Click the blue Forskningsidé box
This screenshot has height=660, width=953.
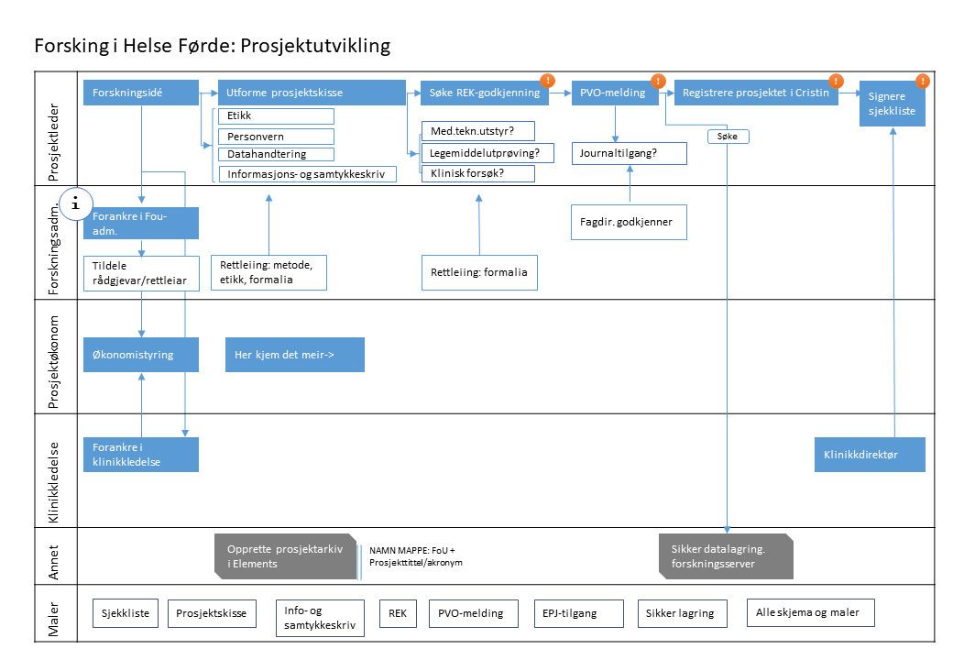[141, 93]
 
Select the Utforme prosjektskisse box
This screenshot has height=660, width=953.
[312, 93]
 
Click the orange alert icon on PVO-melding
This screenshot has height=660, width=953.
[657, 81]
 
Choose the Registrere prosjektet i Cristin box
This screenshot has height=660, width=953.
[756, 93]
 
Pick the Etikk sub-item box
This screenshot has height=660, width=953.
[276, 116]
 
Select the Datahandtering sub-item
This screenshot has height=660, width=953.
[276, 154]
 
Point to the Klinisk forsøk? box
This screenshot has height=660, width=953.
[477, 172]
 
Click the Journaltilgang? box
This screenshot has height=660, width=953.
[630, 153]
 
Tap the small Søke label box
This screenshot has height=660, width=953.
[728, 136]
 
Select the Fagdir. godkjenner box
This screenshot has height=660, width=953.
[630, 222]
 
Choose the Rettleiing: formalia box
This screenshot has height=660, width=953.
[480, 272]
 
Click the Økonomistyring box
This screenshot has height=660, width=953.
[141, 354]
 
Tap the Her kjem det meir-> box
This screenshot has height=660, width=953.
[294, 354]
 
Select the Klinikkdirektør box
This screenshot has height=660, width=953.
[869, 454]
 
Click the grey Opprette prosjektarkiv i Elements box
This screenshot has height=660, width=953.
[285, 556]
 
